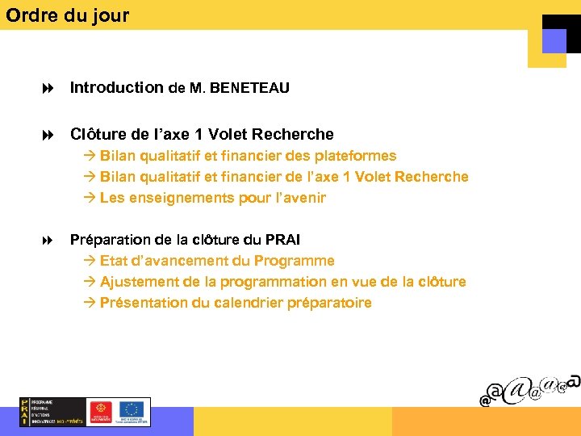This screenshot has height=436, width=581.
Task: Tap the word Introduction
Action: pos(117,88)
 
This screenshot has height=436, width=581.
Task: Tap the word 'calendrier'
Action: pos(254,303)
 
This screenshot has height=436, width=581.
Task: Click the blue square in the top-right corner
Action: pos(554,40)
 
